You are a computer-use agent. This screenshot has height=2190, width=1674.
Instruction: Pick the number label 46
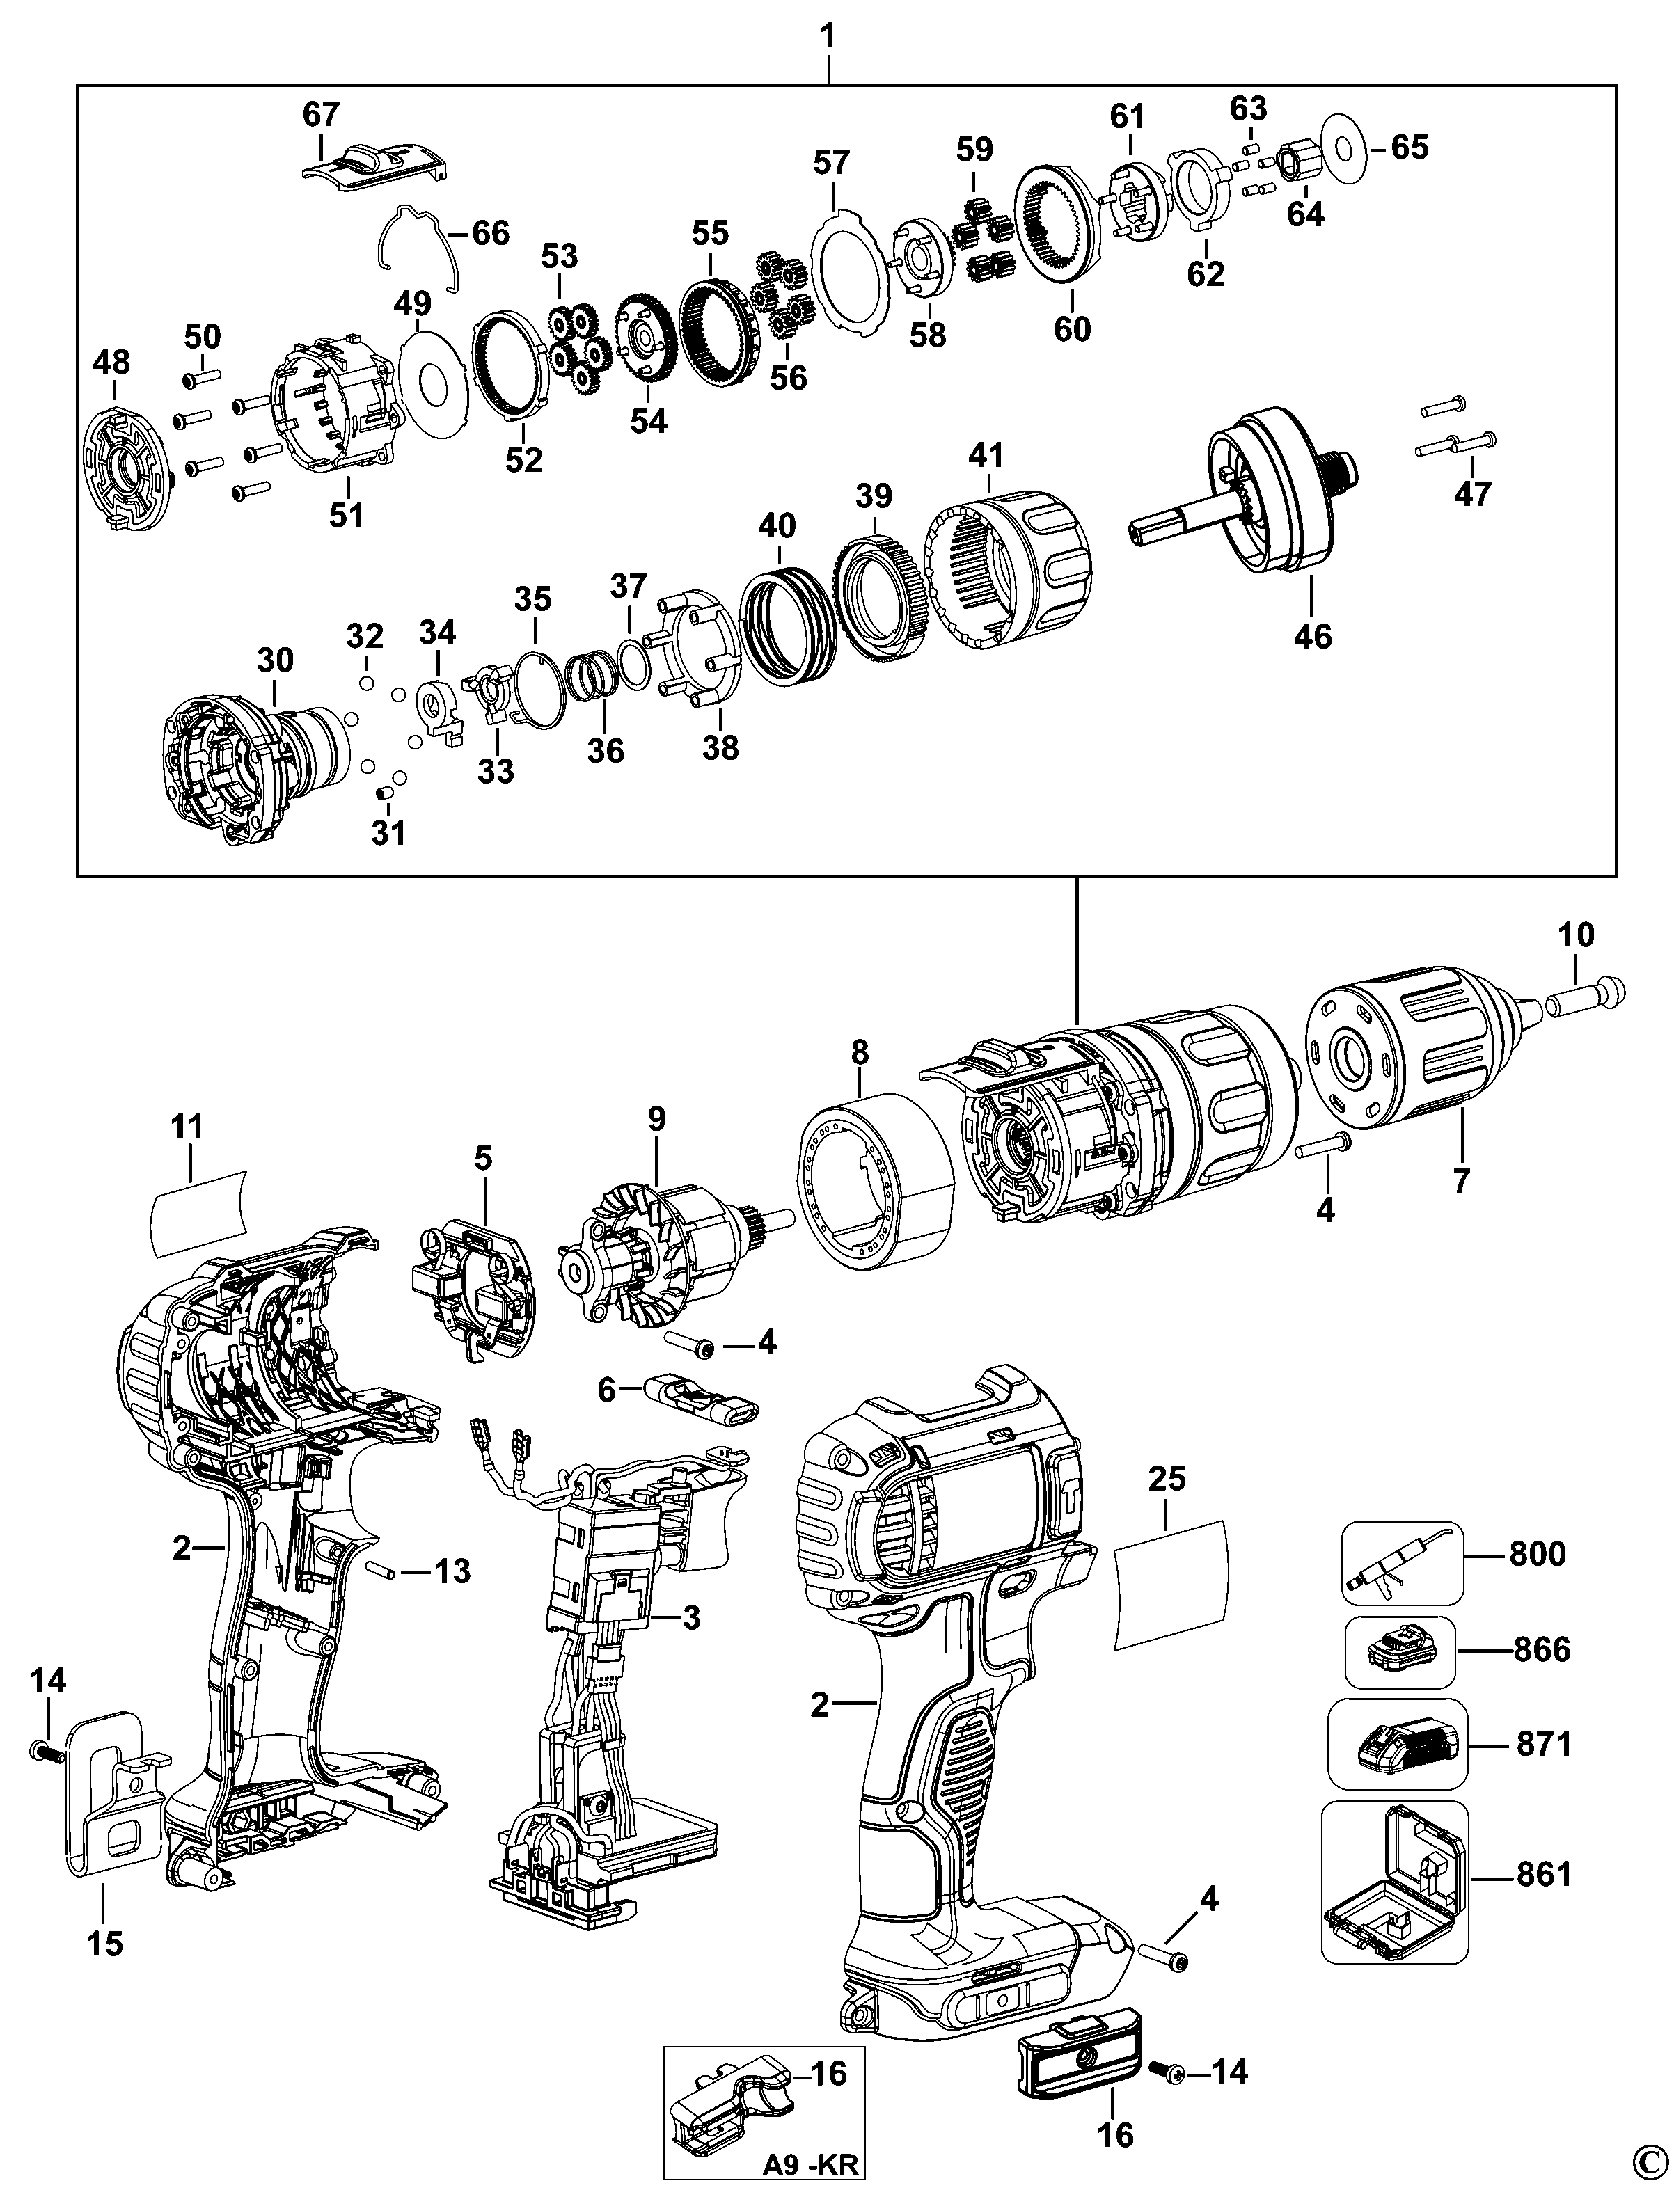click(1312, 635)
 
